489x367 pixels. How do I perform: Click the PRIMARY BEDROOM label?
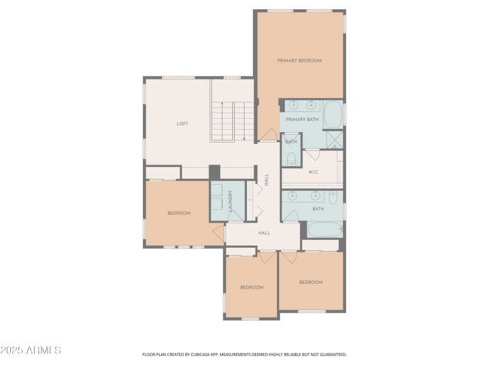[x=300, y=61]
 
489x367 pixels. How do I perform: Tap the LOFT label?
[x=182, y=124]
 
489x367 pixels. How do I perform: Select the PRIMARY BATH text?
[x=302, y=119]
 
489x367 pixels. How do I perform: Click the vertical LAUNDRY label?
[x=230, y=201]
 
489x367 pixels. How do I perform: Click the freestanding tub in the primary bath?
[x=333, y=114]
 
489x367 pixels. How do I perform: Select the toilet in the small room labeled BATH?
[x=291, y=160]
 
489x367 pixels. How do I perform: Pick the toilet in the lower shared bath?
[x=333, y=197]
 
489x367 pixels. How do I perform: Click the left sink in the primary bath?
[x=293, y=105]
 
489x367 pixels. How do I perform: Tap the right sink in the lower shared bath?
[x=315, y=196]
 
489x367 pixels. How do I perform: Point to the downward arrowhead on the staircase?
[x=244, y=139]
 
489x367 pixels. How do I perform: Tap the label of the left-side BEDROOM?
[x=179, y=213]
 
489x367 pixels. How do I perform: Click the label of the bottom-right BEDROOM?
[x=311, y=282]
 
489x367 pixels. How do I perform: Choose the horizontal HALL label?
[x=264, y=232]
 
